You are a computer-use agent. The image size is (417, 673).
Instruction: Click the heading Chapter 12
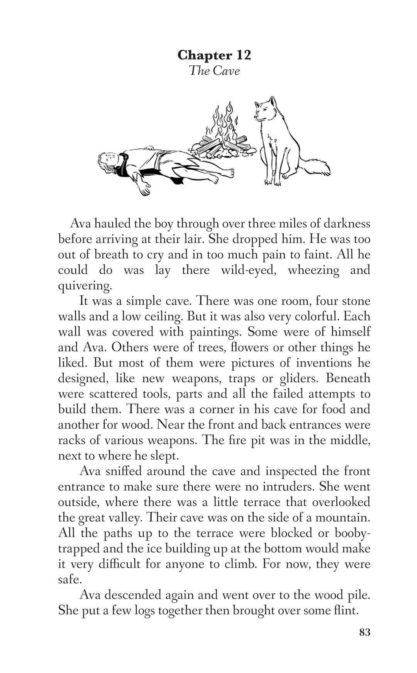point(214,55)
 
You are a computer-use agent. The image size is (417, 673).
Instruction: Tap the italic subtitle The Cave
point(214,71)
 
